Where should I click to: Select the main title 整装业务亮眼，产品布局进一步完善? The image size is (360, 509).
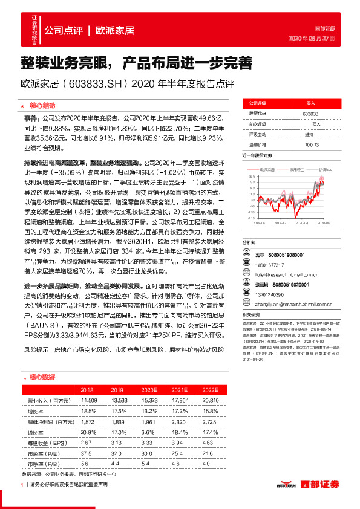click(132, 62)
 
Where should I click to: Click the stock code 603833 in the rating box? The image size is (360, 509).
click(310, 113)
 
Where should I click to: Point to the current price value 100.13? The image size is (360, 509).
click(312, 144)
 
